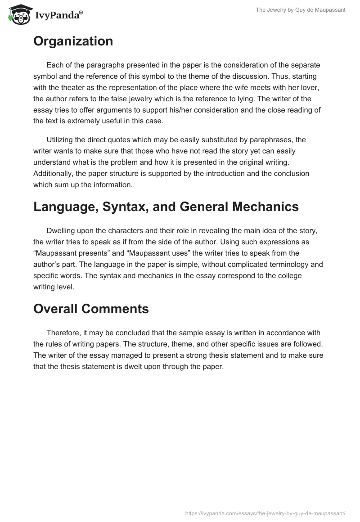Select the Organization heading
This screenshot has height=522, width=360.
tap(73, 41)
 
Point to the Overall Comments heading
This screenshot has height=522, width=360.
tap(91, 309)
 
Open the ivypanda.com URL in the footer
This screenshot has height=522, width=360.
tap(265, 513)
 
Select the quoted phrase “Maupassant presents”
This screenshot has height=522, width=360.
tap(73, 253)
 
